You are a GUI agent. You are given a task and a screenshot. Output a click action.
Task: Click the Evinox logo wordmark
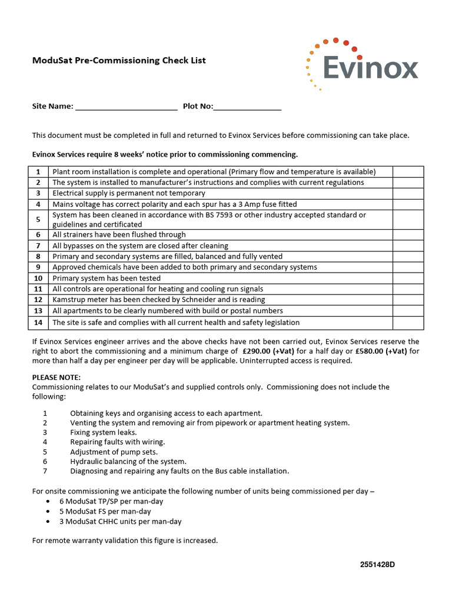click(371, 68)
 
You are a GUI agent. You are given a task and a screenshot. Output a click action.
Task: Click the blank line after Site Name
click(127, 108)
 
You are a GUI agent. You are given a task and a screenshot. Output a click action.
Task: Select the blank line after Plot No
click(248, 108)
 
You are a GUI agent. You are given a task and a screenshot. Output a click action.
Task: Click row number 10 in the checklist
click(38, 279)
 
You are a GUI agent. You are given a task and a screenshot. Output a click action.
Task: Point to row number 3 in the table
click(38, 193)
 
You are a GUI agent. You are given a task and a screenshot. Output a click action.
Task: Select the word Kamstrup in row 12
click(69, 300)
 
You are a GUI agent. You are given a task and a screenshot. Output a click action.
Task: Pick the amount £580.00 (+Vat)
click(382, 352)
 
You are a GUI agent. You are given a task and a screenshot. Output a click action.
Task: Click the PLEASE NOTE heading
click(56, 377)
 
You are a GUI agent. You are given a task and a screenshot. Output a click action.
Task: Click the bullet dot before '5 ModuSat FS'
click(47, 512)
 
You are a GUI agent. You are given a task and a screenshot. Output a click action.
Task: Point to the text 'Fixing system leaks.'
click(104, 432)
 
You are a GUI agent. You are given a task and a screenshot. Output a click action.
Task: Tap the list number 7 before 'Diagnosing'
click(45, 471)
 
